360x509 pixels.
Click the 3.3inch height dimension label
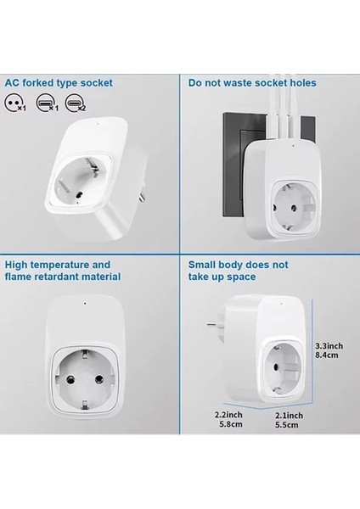[x=328, y=346]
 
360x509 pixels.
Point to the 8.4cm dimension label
[x=326, y=358]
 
